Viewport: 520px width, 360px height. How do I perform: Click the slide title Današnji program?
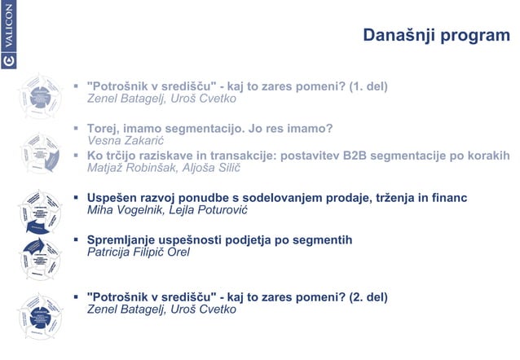pyautogui.click(x=436, y=36)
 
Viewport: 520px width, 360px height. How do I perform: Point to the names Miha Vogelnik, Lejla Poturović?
pyautogui.click(x=166, y=210)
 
